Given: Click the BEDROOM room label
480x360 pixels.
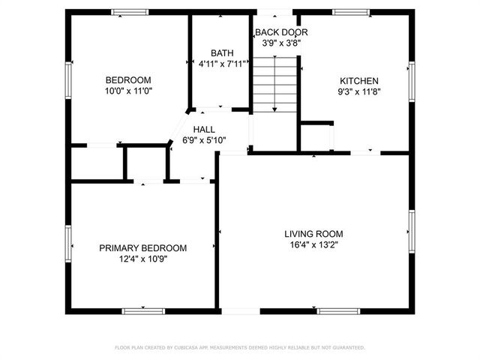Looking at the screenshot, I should tap(128, 80).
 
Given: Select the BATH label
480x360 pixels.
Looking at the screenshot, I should tap(221, 53).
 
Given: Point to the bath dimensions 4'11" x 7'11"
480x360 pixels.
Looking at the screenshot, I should tap(221, 64).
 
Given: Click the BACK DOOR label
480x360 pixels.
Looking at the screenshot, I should tap(276, 32).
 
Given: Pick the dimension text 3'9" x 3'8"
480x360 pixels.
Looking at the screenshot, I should tap(276, 43).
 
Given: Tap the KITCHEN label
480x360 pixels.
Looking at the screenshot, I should tap(359, 81).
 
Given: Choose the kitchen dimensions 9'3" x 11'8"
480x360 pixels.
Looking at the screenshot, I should tap(359, 91).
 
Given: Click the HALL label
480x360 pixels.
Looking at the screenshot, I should tap(204, 130).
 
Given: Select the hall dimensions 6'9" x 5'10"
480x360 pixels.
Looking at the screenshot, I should tap(204, 140).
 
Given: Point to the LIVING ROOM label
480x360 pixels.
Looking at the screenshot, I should tap(314, 233).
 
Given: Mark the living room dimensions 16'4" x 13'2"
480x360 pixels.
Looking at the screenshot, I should tap(314, 244).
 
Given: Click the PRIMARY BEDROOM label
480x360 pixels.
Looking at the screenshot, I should tap(143, 248).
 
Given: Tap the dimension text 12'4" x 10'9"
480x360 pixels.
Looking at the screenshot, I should tap(143, 259).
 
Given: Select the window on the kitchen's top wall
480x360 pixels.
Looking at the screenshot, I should tap(351, 12).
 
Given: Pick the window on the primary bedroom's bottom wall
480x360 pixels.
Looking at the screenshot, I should tap(143, 310).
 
